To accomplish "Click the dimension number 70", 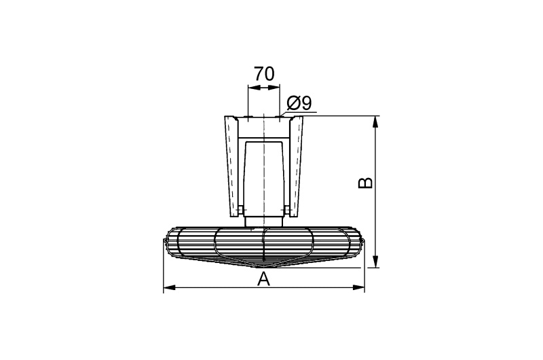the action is (x=264, y=74).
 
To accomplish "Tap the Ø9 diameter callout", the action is (x=299, y=103).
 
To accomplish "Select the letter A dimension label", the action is (x=264, y=279).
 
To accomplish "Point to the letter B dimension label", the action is (x=366, y=183).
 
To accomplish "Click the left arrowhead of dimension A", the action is (x=169, y=287).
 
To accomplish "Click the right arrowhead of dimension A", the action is (x=359, y=287).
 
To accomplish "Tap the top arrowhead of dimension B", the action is (x=375, y=122).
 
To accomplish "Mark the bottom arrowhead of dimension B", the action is (x=375, y=262).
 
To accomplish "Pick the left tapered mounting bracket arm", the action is (x=232, y=166).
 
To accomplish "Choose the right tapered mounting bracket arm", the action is (x=296, y=166).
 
